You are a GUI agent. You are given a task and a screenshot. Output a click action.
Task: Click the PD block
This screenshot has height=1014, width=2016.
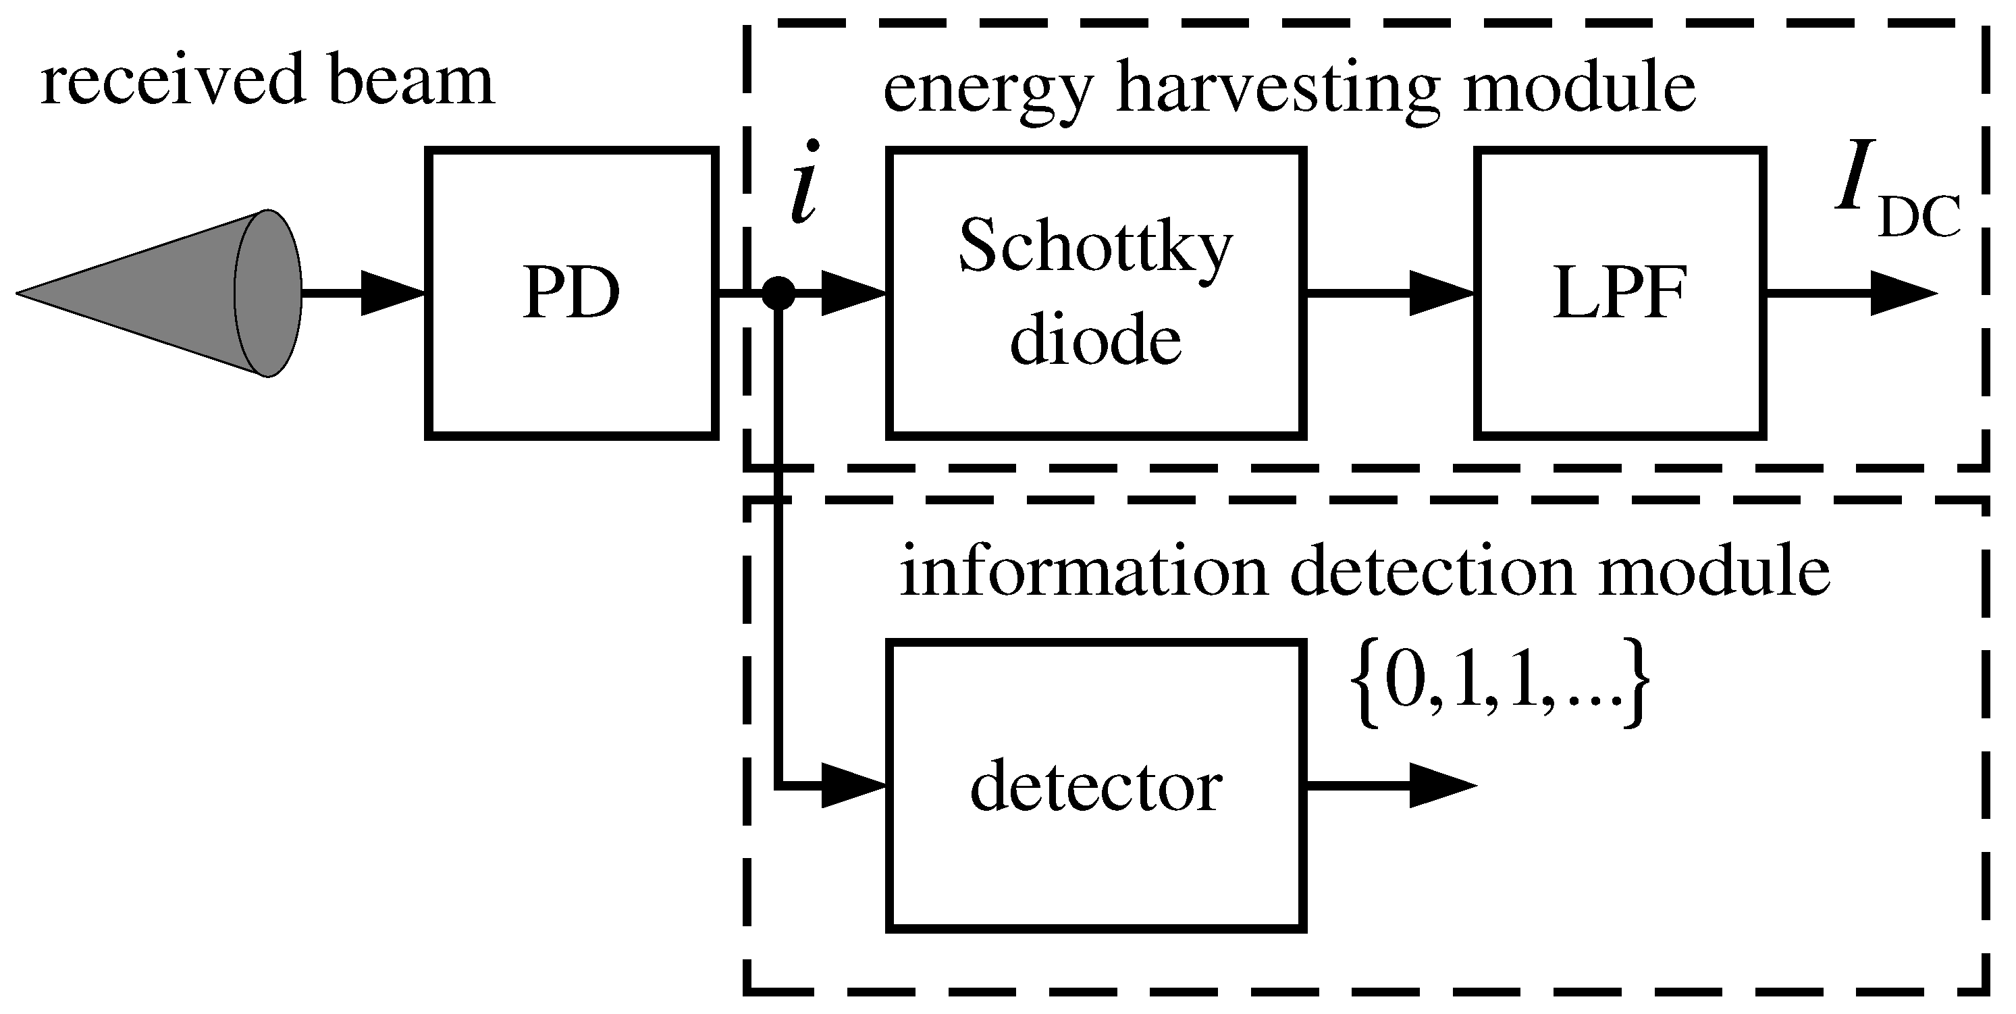click(571, 294)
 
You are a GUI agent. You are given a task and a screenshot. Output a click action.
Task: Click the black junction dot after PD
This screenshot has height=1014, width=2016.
click(778, 294)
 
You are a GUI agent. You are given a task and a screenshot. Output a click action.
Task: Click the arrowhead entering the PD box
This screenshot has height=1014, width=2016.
click(392, 294)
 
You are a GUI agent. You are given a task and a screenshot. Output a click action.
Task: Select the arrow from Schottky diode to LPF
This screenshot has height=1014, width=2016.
click(1389, 294)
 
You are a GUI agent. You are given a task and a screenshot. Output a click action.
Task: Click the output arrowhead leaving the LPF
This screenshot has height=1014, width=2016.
click(1902, 294)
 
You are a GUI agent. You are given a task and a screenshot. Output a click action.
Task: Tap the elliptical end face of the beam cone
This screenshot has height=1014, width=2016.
click(269, 294)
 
